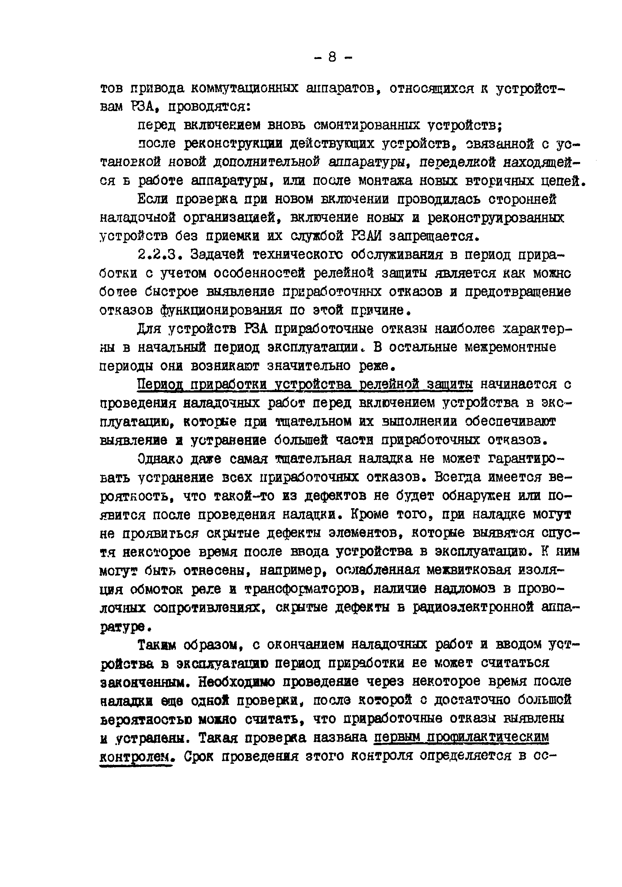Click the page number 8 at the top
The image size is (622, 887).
(332, 57)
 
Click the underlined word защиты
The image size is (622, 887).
(450, 385)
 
